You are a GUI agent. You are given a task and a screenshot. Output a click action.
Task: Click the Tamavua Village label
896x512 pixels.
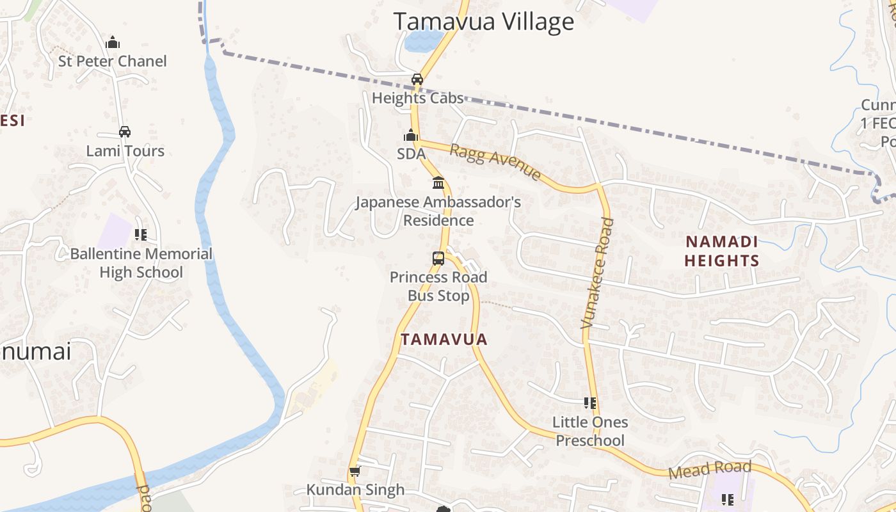click(483, 22)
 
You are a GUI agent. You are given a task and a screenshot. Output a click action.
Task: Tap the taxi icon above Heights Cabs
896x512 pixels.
click(417, 79)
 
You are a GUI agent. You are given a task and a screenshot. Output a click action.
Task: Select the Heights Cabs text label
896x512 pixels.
click(417, 99)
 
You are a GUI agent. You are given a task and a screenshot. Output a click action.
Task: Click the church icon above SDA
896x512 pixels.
click(410, 136)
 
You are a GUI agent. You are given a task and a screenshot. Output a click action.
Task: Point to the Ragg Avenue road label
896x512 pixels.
click(495, 162)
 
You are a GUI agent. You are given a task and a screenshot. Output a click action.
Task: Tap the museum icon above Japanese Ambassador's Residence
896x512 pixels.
click(438, 183)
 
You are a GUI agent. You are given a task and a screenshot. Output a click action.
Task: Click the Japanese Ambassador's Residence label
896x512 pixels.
click(438, 211)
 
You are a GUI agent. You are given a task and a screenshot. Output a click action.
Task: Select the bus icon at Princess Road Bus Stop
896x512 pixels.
click(438, 259)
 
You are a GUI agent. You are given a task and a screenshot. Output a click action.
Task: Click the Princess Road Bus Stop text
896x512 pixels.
click(438, 286)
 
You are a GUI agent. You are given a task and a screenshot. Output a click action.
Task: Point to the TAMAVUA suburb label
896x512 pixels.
click(444, 339)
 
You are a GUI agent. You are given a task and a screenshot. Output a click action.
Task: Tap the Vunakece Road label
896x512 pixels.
click(598, 273)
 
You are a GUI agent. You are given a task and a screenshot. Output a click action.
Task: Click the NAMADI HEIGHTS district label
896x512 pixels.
click(722, 251)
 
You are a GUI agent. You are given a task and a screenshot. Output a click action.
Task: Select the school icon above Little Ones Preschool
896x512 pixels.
click(590, 403)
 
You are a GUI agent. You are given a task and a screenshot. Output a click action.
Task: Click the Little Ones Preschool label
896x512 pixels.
click(590, 431)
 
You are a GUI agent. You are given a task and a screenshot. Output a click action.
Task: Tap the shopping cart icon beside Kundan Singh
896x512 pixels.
click(355, 472)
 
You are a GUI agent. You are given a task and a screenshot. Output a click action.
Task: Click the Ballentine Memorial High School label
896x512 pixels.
click(141, 262)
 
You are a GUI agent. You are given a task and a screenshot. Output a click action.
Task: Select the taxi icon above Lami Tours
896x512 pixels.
click(125, 132)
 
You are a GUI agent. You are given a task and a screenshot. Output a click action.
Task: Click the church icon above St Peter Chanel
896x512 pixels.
click(113, 43)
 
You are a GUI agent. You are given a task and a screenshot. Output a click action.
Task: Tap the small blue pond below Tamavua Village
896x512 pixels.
click(422, 41)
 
